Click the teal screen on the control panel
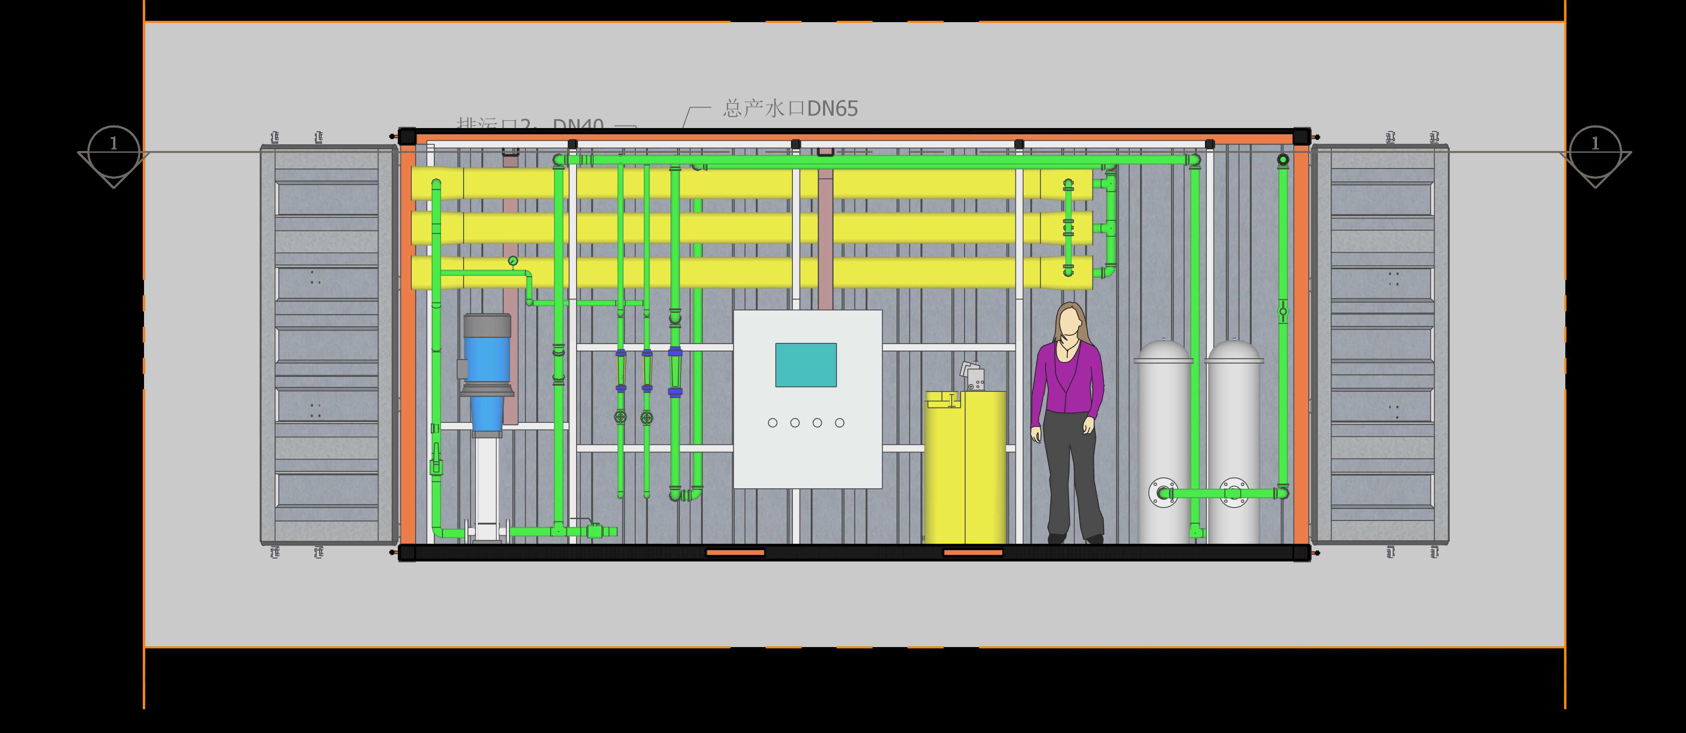click(806, 365)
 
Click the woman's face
click(1068, 322)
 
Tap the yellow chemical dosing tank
click(965, 468)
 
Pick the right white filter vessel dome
click(1234, 351)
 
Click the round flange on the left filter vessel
click(1163, 493)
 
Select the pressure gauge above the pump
click(512, 261)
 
